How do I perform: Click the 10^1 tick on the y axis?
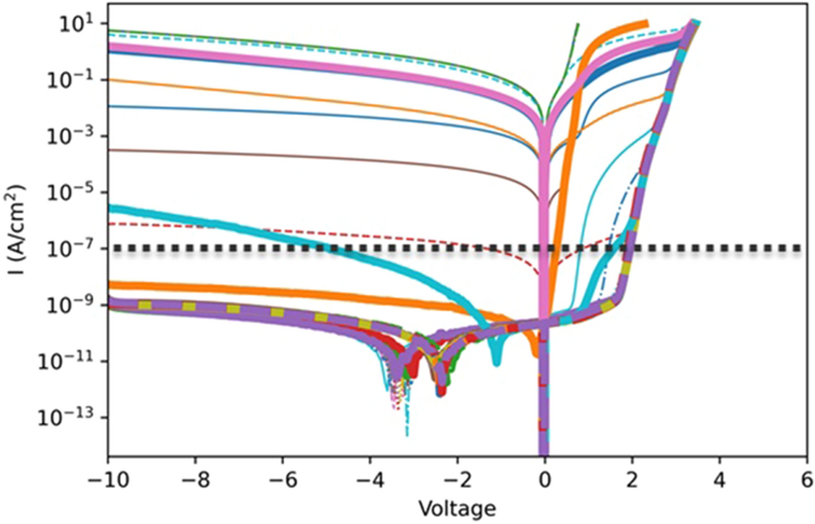click(x=81, y=23)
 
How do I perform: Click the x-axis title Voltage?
click(x=457, y=509)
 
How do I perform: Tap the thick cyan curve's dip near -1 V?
click(x=495, y=362)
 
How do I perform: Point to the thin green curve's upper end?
click(x=577, y=25)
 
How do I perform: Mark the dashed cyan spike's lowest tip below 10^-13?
click(x=407, y=435)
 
